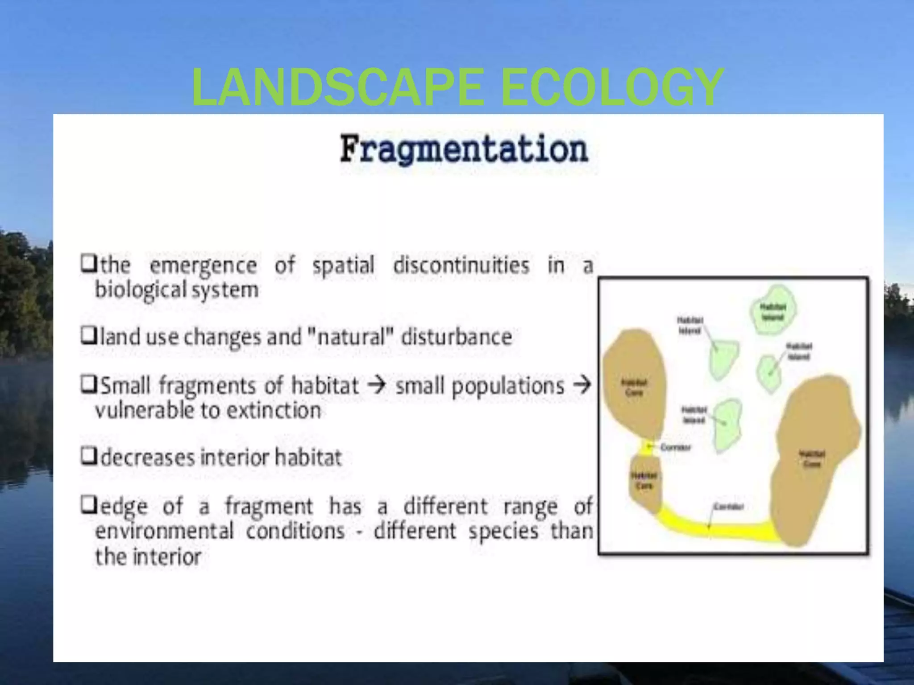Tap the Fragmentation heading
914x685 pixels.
click(464, 149)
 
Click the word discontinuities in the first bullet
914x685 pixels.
click(461, 266)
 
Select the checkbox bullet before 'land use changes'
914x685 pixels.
click(88, 336)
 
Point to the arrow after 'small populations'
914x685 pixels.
click(582, 384)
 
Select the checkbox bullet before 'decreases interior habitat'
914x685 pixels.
click(88, 456)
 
